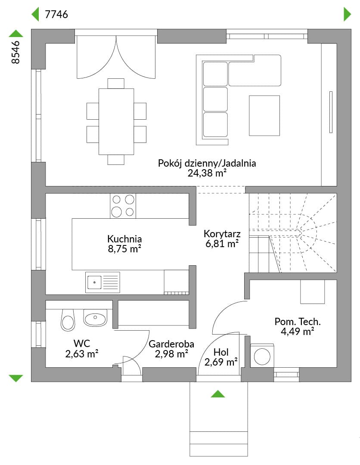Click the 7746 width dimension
[56, 14]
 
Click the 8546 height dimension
[16, 52]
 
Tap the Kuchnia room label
[124, 239]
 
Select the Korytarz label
[222, 234]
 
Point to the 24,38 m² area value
[207, 173]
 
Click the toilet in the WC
[68, 320]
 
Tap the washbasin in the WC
[95, 318]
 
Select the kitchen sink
[102, 282]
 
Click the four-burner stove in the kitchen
[123, 206]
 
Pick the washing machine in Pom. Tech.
[262, 356]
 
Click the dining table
[116, 121]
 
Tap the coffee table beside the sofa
[264, 116]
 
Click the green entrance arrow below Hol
[218, 394]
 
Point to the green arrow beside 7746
[35, 14]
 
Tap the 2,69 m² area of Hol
[221, 362]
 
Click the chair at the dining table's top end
[116, 84]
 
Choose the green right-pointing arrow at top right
[347, 14]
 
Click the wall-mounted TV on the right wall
[331, 112]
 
